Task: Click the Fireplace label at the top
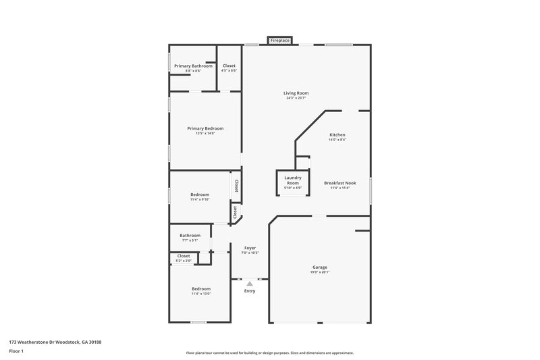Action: coord(280,41)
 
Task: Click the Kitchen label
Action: coord(337,134)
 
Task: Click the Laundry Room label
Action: coord(292,180)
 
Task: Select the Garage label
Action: coord(320,267)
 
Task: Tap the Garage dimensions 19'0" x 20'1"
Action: coord(320,272)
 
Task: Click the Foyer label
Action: coord(250,248)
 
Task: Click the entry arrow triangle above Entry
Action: coord(250,284)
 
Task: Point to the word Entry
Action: coord(250,291)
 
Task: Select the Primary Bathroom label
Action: coord(193,66)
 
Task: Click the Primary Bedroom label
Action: coord(205,128)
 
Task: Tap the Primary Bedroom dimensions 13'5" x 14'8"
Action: coord(205,133)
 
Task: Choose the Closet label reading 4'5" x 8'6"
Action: coord(230,66)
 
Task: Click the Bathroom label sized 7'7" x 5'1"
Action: coord(190,235)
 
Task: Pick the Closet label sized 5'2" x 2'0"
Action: coord(184,256)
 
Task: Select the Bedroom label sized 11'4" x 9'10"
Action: coord(200,195)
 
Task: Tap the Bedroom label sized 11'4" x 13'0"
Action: coord(200,288)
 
